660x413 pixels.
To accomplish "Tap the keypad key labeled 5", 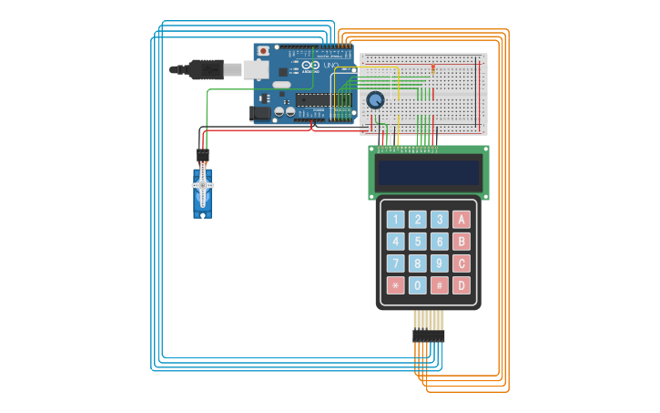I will [x=417, y=242].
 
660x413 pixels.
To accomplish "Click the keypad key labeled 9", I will [x=440, y=263].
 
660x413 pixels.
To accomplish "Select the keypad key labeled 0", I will [x=417, y=285].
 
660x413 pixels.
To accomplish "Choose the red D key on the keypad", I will [x=462, y=285].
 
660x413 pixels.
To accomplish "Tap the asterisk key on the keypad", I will [x=395, y=285].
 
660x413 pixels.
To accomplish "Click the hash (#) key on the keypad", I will [x=440, y=285].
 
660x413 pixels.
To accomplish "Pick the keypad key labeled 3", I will [x=440, y=220].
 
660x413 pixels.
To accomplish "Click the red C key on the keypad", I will [x=462, y=263].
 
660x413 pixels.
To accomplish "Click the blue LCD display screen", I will [x=428, y=172].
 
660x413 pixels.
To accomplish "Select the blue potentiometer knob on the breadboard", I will [x=375, y=100].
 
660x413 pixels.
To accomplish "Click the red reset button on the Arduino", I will [x=263, y=51].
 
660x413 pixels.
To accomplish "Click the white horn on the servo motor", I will [x=202, y=185].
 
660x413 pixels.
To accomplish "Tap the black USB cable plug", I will [x=206, y=69].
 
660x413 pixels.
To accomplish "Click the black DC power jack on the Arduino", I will [x=260, y=113].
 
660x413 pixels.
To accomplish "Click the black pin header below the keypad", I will [x=428, y=336].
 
